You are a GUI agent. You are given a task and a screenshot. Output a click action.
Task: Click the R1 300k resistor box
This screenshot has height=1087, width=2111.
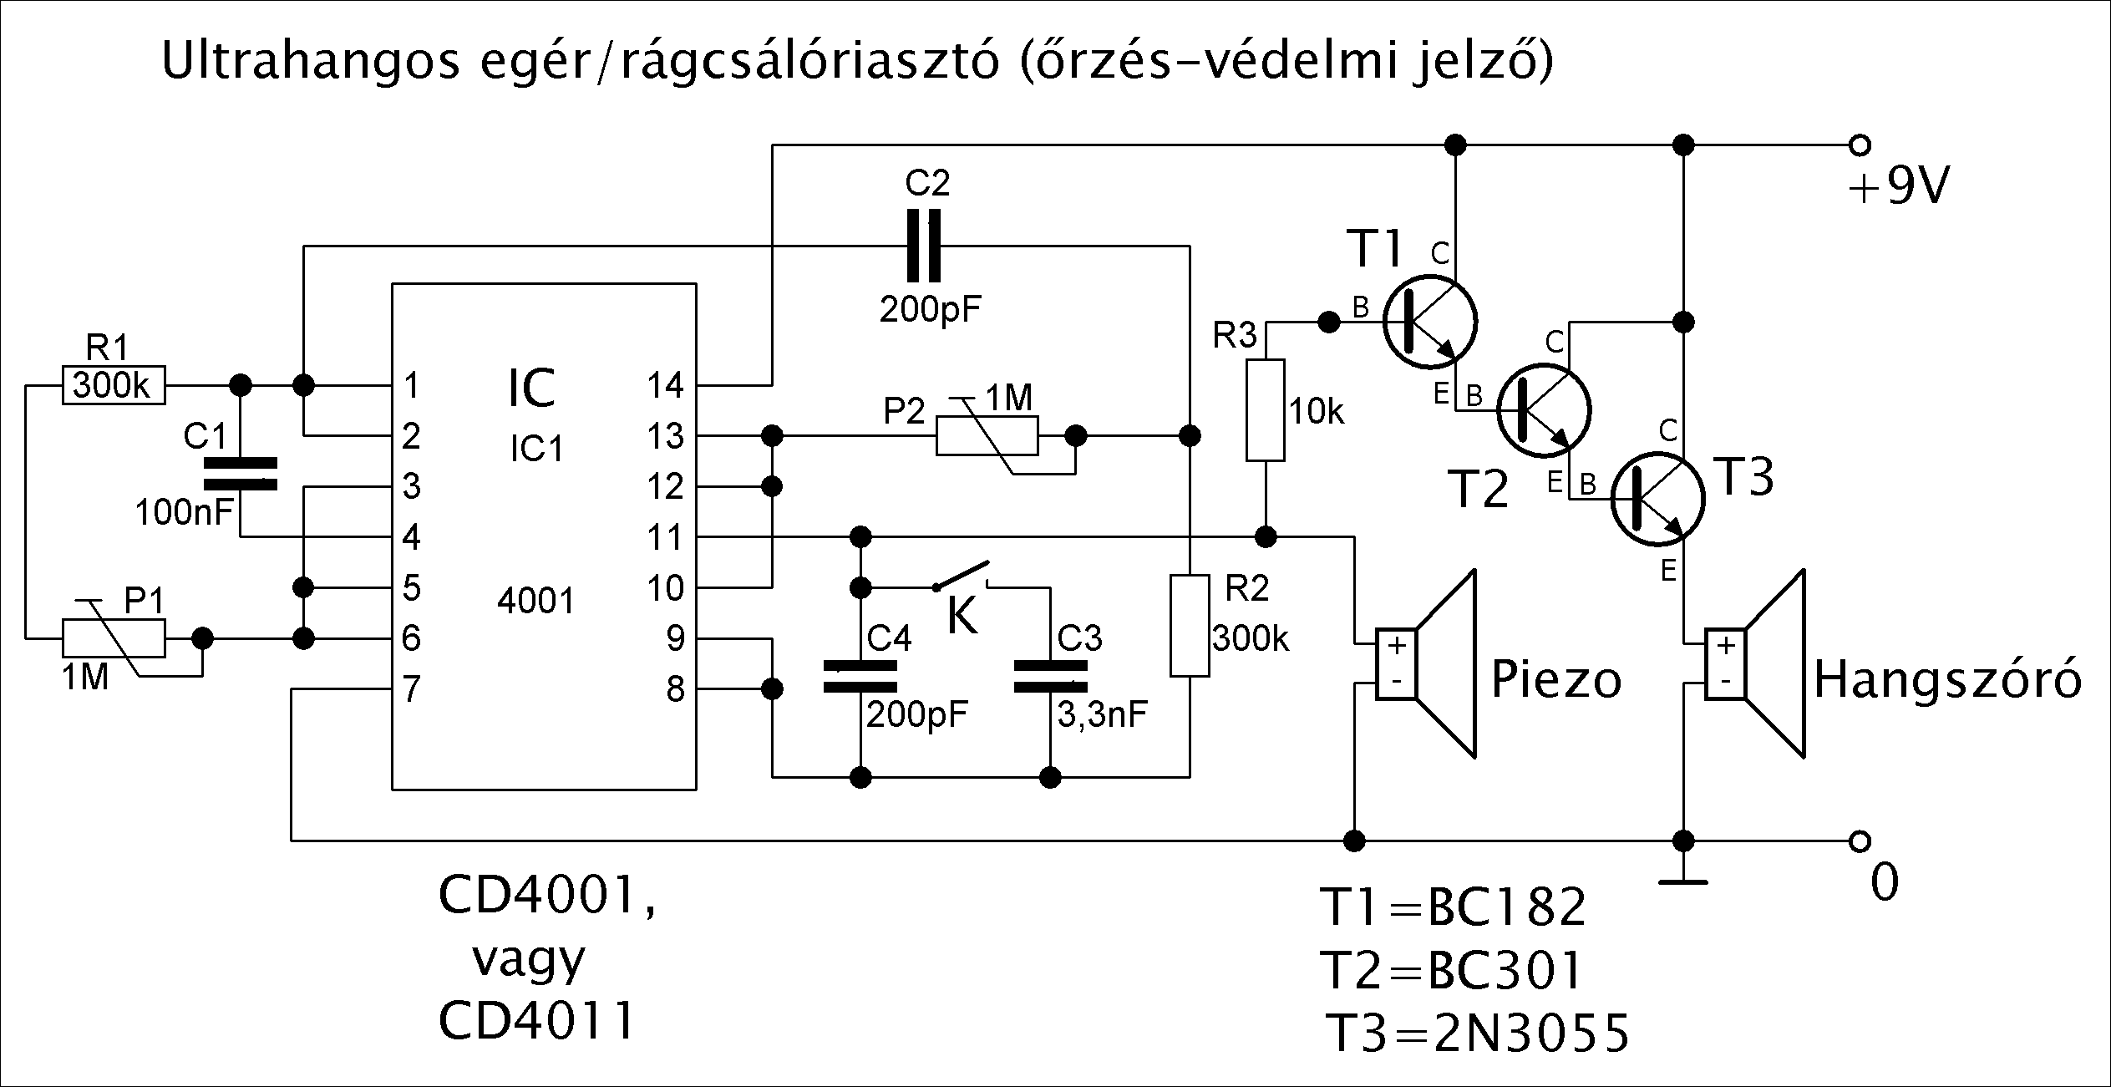pyautogui.click(x=114, y=385)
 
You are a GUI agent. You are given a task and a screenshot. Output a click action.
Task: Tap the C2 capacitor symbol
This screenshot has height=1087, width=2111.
pyautogui.click(x=923, y=246)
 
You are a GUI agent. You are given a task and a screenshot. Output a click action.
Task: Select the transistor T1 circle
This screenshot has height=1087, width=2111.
pyautogui.click(x=1429, y=322)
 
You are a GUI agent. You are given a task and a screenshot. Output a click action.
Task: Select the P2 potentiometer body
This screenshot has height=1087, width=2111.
pyautogui.click(x=987, y=435)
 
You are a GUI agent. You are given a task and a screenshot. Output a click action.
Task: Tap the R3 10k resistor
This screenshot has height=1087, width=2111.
pyautogui.click(x=1266, y=409)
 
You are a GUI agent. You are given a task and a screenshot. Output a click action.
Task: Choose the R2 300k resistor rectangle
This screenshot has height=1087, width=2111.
pyautogui.click(x=1190, y=624)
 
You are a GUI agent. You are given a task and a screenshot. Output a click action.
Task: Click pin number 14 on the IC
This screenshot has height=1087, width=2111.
pyautogui.click(x=665, y=385)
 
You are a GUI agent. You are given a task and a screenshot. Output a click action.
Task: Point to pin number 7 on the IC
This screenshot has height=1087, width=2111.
pyautogui.click(x=411, y=689)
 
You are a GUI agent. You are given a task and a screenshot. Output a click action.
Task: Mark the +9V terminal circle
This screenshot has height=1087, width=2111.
pyautogui.click(x=1860, y=145)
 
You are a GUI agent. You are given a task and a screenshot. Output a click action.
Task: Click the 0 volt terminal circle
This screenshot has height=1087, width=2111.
pyautogui.click(x=1860, y=840)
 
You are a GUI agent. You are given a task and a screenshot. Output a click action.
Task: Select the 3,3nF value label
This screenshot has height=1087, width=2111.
pyautogui.click(x=1102, y=714)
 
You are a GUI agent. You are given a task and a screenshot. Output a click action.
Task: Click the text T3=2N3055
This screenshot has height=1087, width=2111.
pyautogui.click(x=1477, y=1034)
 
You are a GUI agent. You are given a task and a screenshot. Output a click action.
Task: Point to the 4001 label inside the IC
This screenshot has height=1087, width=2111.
pyautogui.click(x=535, y=601)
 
